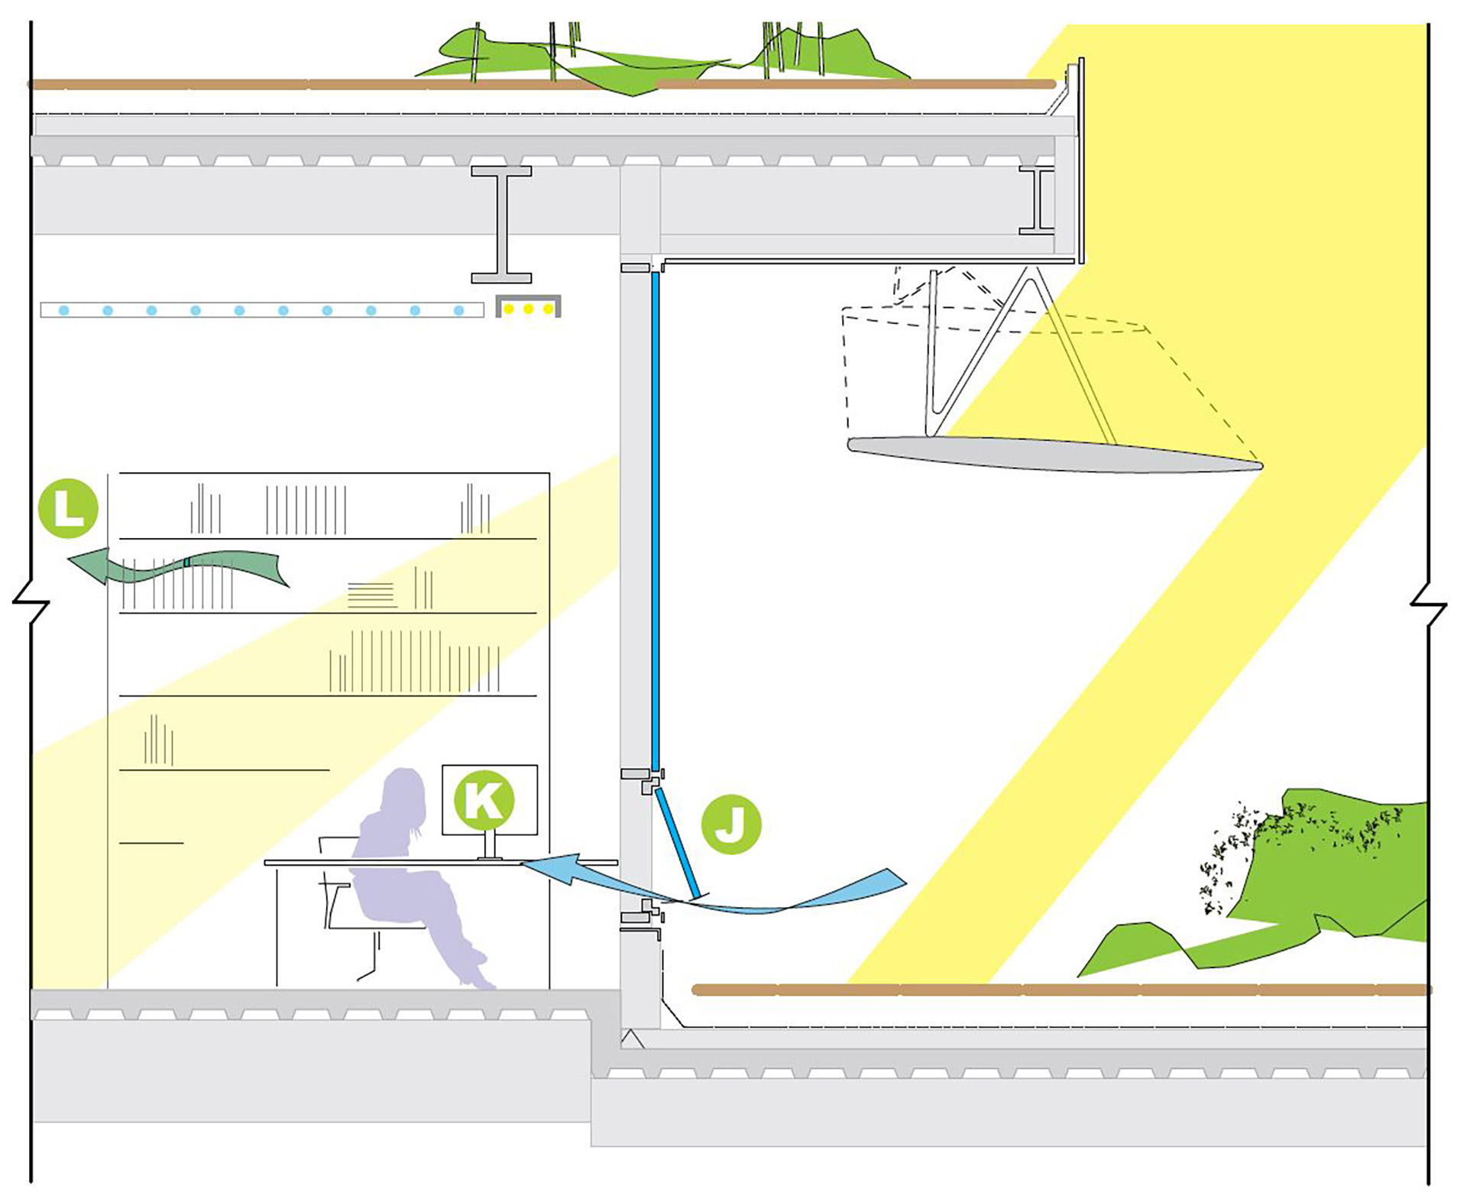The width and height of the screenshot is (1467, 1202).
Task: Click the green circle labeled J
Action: (731, 824)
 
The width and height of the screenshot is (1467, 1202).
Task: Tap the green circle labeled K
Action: (484, 800)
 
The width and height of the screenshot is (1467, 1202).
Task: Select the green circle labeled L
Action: (68, 508)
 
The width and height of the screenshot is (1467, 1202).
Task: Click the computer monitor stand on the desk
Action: (490, 846)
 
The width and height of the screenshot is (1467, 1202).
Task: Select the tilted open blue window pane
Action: (678, 844)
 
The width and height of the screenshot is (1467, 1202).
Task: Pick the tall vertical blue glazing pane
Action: (656, 520)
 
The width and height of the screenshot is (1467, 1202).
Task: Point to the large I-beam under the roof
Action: (501, 225)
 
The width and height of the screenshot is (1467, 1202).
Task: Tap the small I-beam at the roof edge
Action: (1037, 200)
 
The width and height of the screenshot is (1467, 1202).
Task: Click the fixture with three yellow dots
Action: (529, 307)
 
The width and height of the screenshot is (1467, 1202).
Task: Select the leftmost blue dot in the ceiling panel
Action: (64, 310)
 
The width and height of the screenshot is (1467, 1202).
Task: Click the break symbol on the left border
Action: (31, 602)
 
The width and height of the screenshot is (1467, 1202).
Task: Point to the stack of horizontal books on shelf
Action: (371, 595)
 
